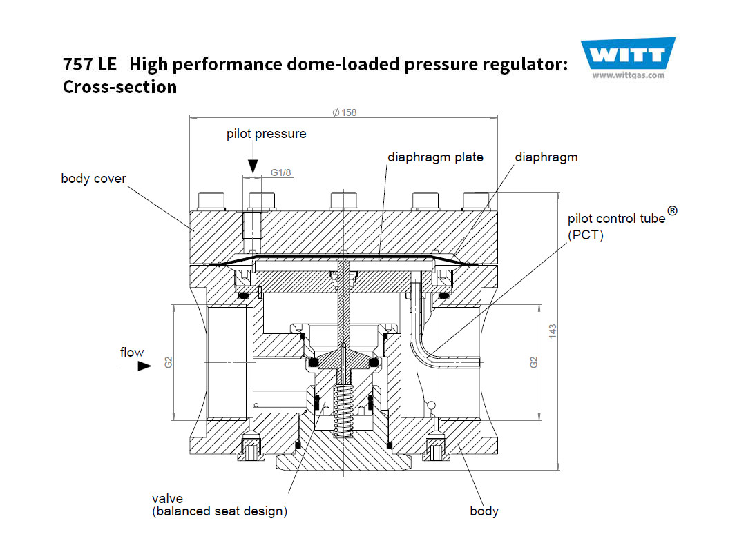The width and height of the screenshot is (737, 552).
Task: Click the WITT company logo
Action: tap(627, 55)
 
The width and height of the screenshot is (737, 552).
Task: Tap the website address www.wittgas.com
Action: tap(628, 76)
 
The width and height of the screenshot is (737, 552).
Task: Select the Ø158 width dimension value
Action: tap(344, 112)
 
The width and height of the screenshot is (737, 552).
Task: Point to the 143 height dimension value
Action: tap(553, 331)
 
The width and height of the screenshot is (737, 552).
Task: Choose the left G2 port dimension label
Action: tap(168, 362)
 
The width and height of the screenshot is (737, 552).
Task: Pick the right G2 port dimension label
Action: tap(534, 362)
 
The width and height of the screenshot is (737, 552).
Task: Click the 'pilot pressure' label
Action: tap(266, 134)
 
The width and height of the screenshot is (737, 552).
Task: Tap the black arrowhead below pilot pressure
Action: tap(253, 165)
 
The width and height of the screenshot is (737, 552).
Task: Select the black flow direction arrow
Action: tap(144, 366)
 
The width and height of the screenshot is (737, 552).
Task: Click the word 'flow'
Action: tap(132, 353)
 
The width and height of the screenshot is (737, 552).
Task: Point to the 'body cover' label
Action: tap(94, 179)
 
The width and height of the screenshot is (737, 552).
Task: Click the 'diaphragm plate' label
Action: tap(435, 157)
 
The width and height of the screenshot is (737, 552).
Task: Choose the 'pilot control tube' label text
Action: tap(617, 219)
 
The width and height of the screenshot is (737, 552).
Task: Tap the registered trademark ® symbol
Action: tap(672, 211)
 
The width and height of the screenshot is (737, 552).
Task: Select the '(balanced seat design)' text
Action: tap(220, 511)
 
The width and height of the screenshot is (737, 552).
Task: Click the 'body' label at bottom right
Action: tap(484, 511)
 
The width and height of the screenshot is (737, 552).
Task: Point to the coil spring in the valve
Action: tap(343, 408)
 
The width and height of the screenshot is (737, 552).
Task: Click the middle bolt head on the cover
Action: tap(343, 200)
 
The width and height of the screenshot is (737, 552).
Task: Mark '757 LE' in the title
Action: tap(90, 65)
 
